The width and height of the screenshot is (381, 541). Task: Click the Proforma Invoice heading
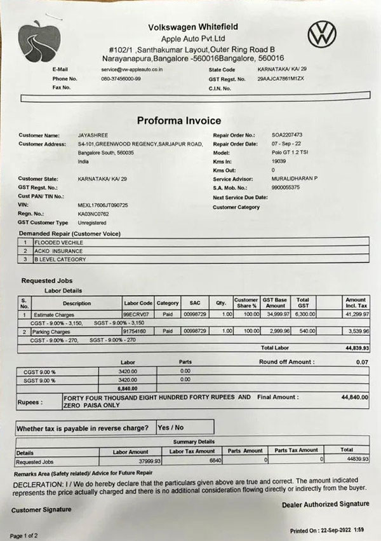179,121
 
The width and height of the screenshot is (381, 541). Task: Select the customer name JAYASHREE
91,135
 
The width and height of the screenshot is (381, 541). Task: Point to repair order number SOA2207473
287,135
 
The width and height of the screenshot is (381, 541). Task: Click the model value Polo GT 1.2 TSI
291,153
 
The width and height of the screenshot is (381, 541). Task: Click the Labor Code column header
137,303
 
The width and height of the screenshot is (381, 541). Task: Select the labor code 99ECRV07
136,314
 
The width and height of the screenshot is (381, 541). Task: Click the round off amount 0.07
362,362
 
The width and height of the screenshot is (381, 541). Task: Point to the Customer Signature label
41,509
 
